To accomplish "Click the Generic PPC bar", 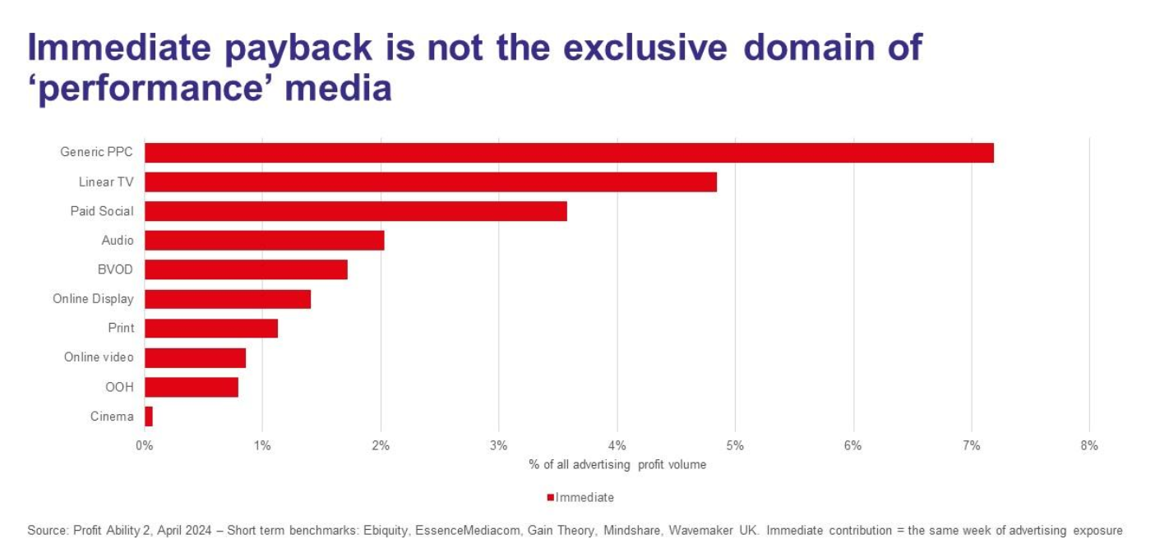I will pos(569,153).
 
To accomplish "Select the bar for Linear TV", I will pos(430,182).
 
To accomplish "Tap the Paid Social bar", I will pos(355,211).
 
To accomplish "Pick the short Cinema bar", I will pos(149,417).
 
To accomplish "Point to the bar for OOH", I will pos(192,387).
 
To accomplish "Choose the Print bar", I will pos(211,329).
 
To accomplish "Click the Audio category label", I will pos(118,241).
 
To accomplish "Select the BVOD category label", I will pos(115,269).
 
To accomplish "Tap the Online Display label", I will pos(93,299).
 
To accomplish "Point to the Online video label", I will pos(99,357).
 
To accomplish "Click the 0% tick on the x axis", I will pos(144,446).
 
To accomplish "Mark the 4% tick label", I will pos(617,446).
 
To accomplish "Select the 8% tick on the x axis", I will pos(1089,446).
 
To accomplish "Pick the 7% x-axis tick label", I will pos(971,446).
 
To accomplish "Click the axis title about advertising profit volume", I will pos(617,465).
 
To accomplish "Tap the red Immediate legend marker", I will pos(551,498).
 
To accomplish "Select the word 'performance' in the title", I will pos(151,87).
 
